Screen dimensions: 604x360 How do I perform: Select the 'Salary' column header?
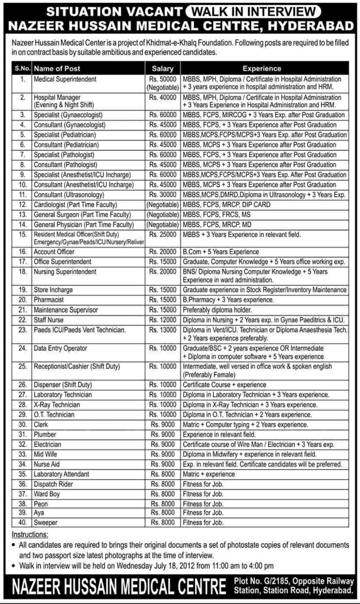(162, 69)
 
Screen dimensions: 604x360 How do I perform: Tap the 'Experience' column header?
(262, 69)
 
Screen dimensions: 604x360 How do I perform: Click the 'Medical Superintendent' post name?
(65, 79)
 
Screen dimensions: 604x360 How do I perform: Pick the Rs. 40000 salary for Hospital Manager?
(163, 98)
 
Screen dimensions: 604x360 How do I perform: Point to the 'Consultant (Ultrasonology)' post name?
(69, 195)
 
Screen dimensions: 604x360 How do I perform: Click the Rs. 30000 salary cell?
(163, 195)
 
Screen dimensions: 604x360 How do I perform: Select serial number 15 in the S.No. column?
(23, 235)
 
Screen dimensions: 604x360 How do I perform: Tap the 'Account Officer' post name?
(54, 252)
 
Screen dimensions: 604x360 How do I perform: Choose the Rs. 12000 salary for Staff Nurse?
(163, 320)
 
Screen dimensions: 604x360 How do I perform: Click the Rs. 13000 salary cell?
(163, 330)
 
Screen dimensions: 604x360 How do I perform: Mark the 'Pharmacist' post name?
(49, 300)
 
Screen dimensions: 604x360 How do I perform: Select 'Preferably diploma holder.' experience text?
(217, 310)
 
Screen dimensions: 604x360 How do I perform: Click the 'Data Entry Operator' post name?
(60, 348)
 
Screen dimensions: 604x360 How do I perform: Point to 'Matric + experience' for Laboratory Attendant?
(209, 474)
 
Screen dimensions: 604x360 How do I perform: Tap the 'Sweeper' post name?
(45, 522)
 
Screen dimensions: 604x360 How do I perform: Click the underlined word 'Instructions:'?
(30, 535)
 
